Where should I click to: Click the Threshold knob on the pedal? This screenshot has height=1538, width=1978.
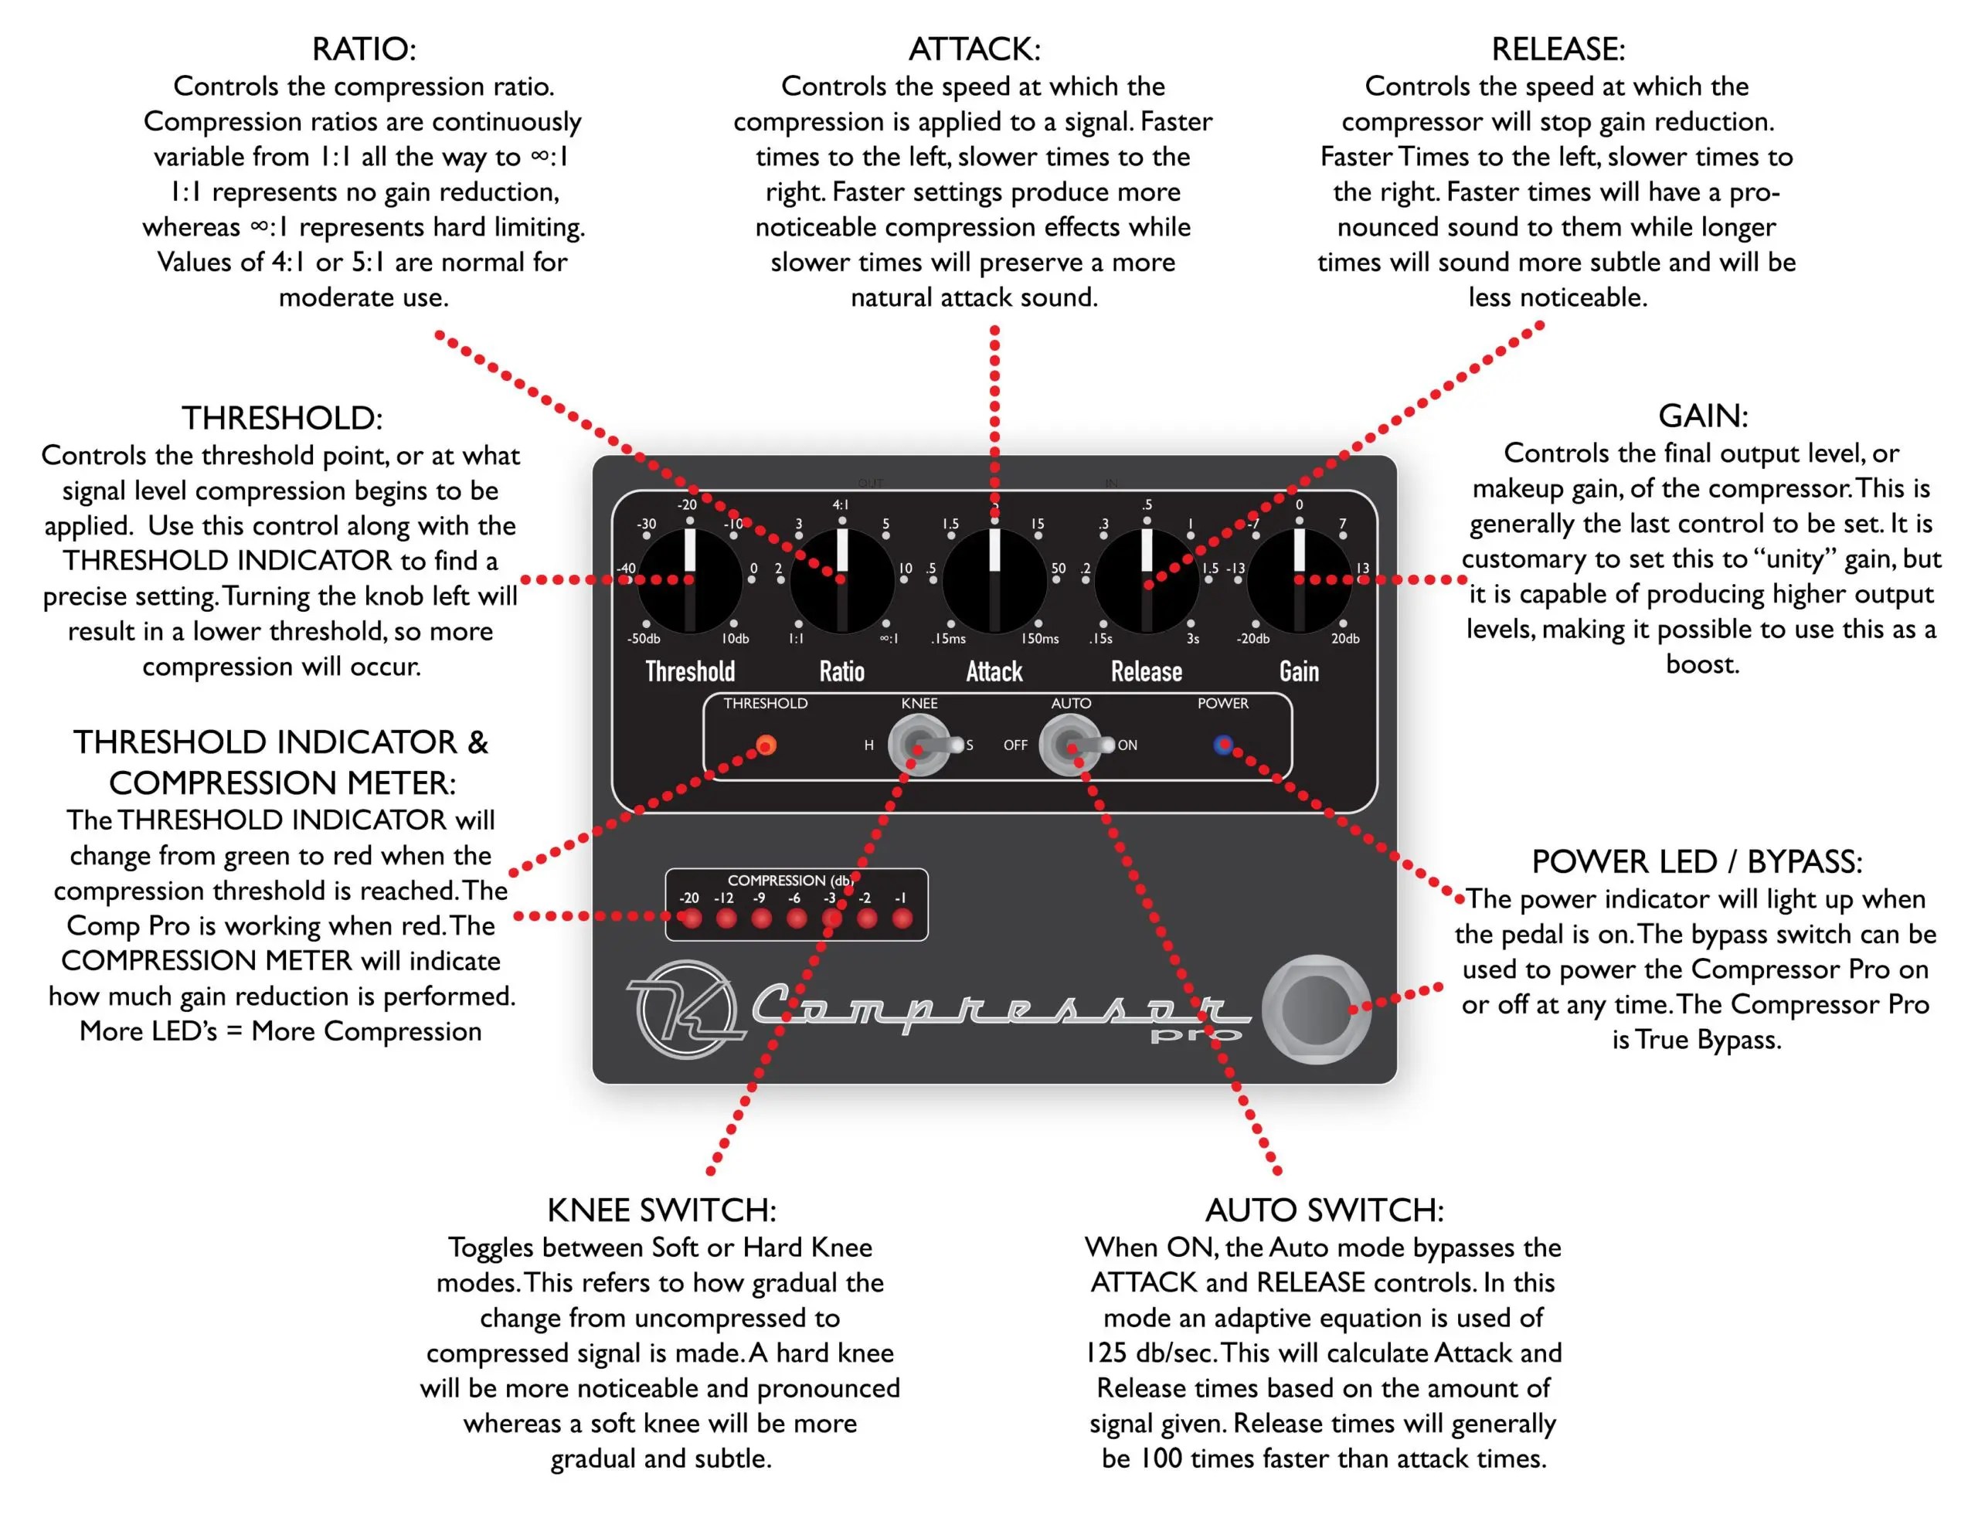(689, 580)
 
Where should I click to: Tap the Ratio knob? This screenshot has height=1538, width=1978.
(841, 580)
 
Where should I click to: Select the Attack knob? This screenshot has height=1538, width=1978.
(994, 580)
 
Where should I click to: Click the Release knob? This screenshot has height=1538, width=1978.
(1147, 580)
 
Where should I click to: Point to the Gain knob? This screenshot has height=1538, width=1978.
(1299, 580)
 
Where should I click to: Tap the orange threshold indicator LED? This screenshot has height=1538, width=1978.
(766, 745)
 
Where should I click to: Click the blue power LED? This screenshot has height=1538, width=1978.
(1222, 744)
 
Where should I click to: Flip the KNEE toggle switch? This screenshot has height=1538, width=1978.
(919, 744)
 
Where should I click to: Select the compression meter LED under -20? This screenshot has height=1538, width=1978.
(691, 918)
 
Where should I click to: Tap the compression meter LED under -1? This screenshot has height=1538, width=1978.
(902, 918)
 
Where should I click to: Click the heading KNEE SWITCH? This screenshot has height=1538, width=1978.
(661, 1210)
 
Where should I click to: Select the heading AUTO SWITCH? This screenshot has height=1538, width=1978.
(1324, 1210)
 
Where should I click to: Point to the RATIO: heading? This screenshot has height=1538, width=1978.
(364, 49)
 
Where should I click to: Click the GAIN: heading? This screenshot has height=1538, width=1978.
(1703, 416)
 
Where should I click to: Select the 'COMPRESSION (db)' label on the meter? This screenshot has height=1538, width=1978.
(790, 880)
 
